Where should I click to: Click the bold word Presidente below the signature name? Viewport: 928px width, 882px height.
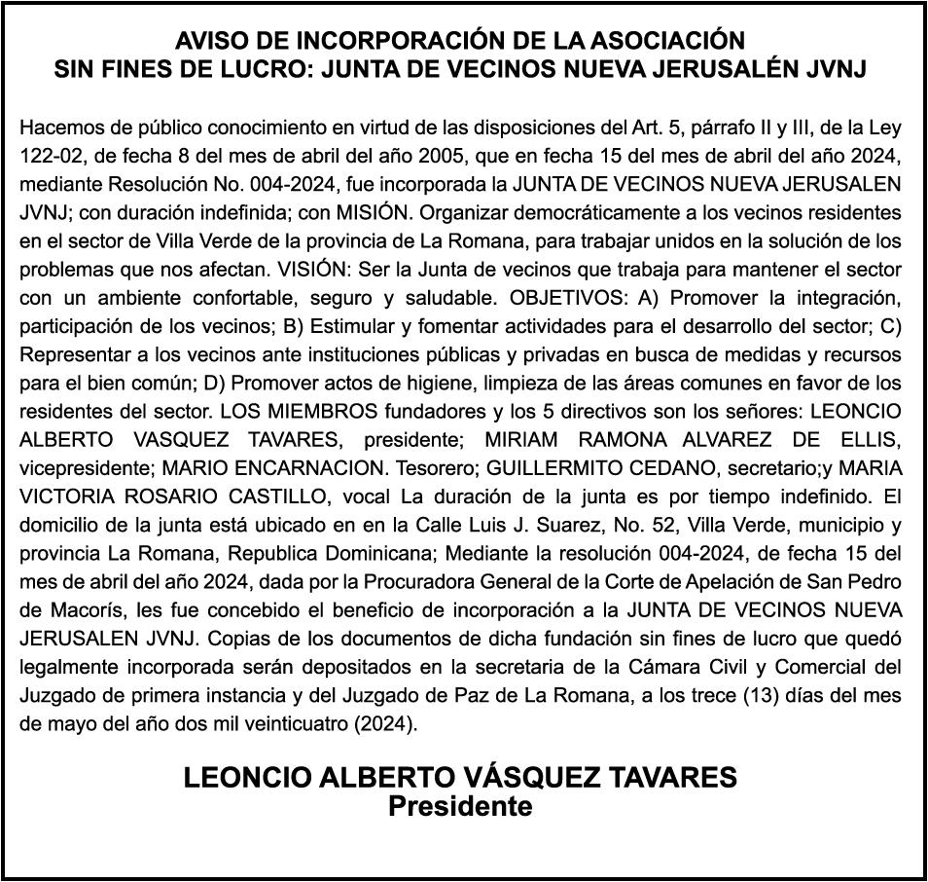click(460, 807)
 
